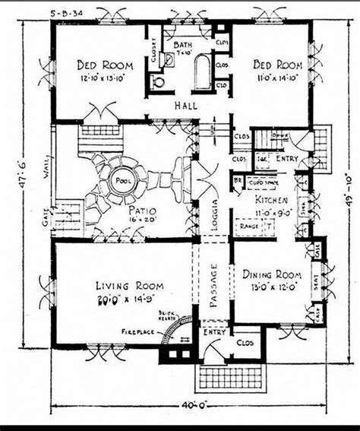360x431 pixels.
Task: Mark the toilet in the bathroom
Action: [x=158, y=81]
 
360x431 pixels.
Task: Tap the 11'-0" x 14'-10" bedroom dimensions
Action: [x=277, y=78]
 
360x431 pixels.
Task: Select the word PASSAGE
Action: [x=214, y=285]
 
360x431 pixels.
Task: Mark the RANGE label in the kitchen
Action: [x=246, y=227]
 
